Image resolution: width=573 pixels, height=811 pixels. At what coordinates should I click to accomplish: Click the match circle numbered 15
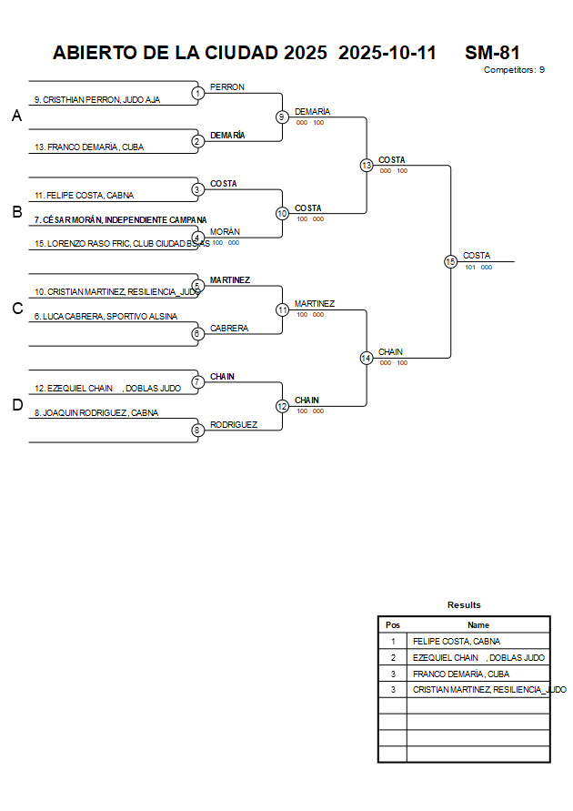[x=450, y=262]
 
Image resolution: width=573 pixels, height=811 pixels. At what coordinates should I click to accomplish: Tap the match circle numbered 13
[x=367, y=166]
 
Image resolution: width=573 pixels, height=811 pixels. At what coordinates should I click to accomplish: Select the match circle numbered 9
[x=282, y=117]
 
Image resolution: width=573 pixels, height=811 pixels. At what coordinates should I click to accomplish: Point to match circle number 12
[x=282, y=406]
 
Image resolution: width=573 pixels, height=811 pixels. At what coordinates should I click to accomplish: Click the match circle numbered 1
[x=197, y=93]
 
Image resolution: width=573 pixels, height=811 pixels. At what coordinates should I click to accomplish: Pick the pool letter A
[x=16, y=117]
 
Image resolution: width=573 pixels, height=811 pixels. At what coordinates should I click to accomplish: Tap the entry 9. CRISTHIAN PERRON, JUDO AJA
[x=97, y=100]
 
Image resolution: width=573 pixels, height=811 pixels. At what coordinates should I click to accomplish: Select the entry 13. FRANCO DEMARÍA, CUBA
[x=89, y=147]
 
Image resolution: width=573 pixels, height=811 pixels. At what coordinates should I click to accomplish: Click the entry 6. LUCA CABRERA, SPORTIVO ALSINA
[x=106, y=317]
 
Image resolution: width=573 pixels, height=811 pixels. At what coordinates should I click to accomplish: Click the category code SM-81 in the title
[x=492, y=53]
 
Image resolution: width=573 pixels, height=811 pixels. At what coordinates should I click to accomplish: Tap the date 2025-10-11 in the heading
[x=387, y=53]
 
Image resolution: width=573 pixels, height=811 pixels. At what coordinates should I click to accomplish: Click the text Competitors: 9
[x=514, y=70]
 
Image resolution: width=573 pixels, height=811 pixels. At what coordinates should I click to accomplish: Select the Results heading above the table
[x=464, y=605]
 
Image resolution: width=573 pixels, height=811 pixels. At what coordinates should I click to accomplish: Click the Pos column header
[x=393, y=625]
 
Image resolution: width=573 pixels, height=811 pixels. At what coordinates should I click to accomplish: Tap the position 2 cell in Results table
[x=393, y=658]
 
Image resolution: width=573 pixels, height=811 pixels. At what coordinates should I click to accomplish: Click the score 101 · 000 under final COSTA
[x=478, y=268]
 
